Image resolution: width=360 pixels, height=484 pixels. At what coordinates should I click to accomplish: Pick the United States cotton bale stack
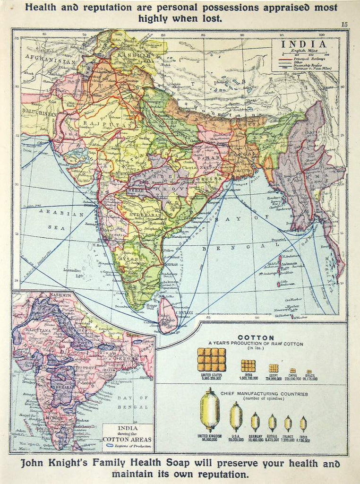point(211,360)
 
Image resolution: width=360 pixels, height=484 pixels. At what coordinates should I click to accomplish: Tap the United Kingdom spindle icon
point(209,409)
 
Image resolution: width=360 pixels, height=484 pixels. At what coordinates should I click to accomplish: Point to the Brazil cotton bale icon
point(309,372)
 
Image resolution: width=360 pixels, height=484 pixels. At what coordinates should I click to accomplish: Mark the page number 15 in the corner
point(344,25)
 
